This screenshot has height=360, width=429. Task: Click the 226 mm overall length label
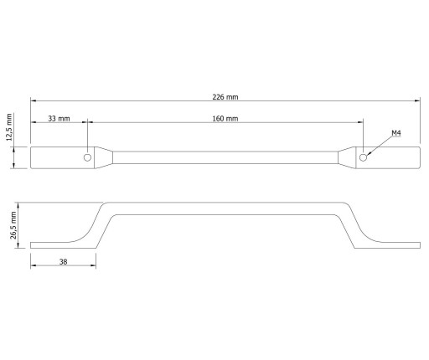[x=225, y=97]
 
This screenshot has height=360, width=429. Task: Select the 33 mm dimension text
[x=59, y=118]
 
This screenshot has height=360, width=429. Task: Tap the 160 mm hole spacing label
[x=225, y=119]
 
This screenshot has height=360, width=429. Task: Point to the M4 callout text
[x=396, y=133]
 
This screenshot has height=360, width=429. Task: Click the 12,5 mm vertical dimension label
[x=9, y=127]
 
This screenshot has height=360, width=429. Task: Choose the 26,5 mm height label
[x=13, y=225]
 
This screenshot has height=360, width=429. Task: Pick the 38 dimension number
[x=64, y=262]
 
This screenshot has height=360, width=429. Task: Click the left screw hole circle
[x=87, y=157]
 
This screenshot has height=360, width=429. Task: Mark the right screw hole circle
[x=363, y=157]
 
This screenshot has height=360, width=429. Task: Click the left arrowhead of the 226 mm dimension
[x=34, y=100]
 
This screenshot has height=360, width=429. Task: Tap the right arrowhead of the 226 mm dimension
[x=417, y=100]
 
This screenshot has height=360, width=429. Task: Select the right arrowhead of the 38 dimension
[x=93, y=265]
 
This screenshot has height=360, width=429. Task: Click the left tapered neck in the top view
[x=104, y=157]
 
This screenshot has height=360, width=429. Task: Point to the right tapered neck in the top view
[x=347, y=157]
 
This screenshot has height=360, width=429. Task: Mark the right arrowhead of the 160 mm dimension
[x=360, y=122]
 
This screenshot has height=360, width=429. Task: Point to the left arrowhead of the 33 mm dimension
[x=34, y=122]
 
